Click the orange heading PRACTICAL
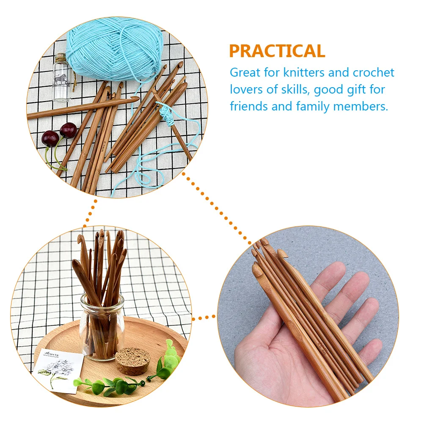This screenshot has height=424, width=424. (277, 51)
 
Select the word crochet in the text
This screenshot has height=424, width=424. (373, 72)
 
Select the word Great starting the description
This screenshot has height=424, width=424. (245, 72)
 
